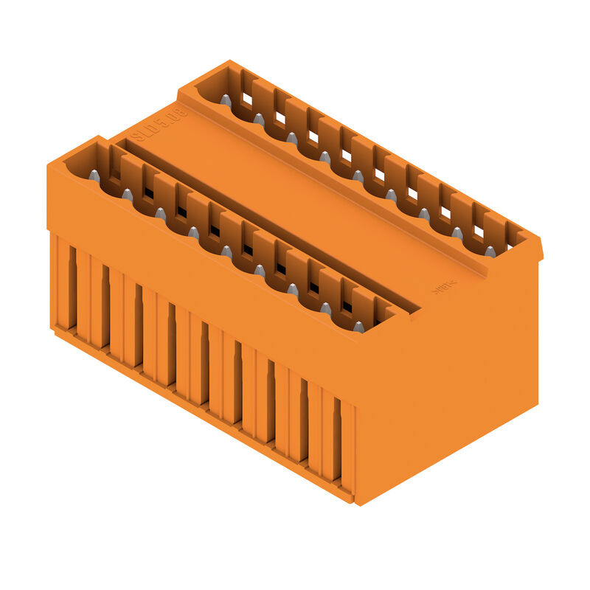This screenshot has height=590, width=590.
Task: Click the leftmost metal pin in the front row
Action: (x=94, y=175)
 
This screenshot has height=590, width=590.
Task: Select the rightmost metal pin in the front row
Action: (x=358, y=326)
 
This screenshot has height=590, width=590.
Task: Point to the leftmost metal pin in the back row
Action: (x=226, y=99)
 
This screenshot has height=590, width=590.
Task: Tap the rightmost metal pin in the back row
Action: (x=490, y=251)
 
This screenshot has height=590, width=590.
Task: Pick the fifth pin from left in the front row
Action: (x=226, y=251)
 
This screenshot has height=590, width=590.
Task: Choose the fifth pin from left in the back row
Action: (x=358, y=176)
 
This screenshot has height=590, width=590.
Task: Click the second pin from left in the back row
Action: (x=259, y=118)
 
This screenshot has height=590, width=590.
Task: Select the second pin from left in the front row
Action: (x=127, y=194)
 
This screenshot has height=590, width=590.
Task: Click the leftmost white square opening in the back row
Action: (x=247, y=99)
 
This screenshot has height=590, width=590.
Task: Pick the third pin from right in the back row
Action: (x=424, y=214)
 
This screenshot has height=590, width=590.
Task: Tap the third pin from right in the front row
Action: (x=293, y=289)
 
